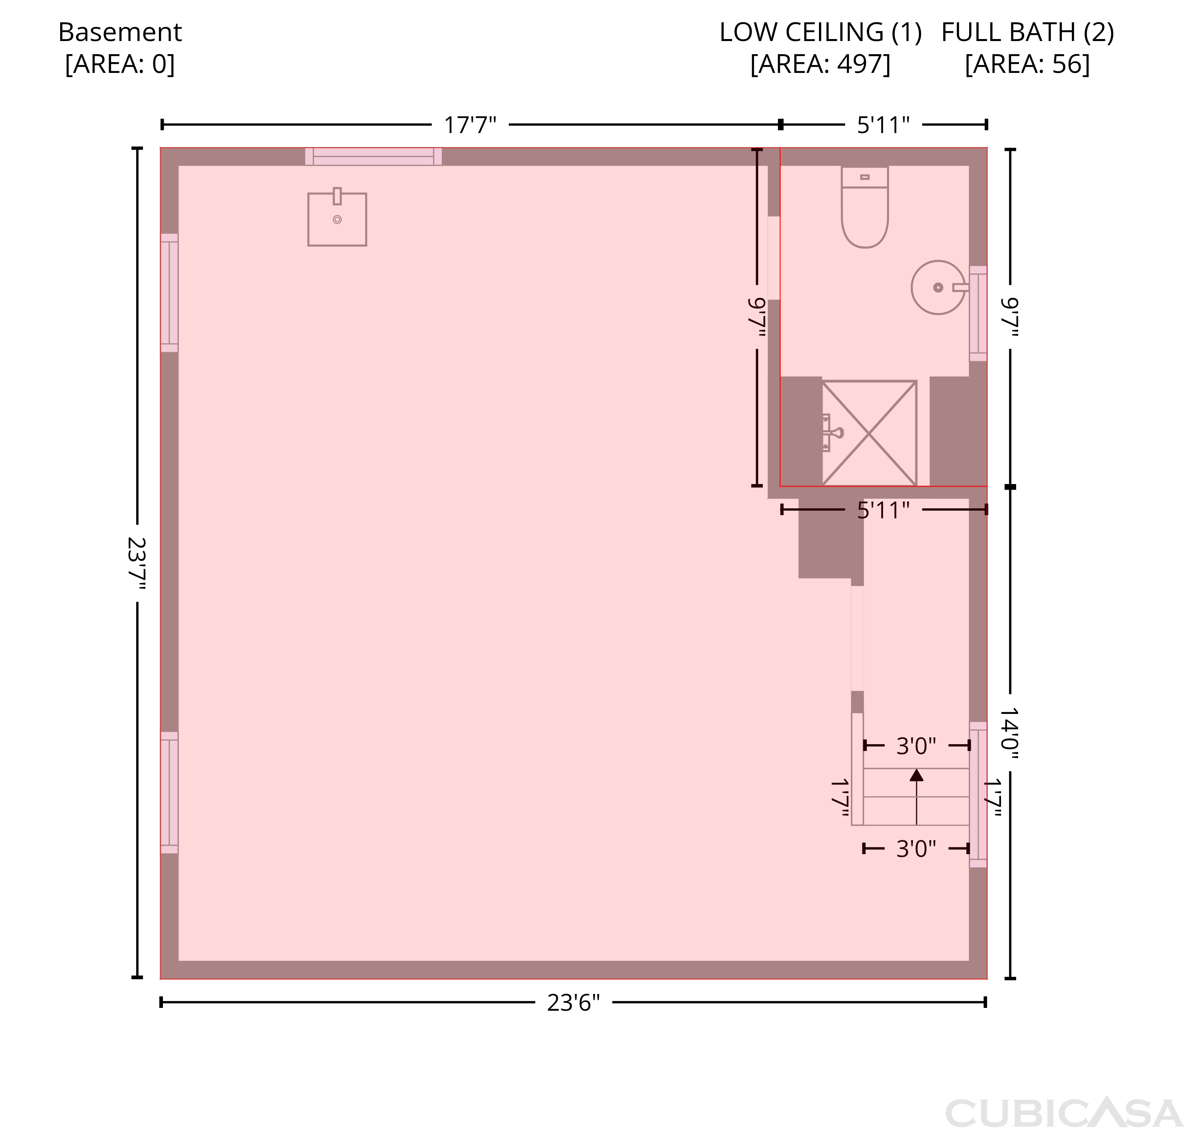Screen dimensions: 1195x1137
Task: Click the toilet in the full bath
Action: (865, 207)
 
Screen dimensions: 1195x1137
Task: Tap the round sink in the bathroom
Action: (938, 287)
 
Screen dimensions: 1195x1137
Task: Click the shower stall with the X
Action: (869, 433)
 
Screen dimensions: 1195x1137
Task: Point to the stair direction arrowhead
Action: (916, 774)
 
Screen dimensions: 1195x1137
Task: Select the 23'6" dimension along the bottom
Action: (573, 1003)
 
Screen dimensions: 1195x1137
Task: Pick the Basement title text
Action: (120, 32)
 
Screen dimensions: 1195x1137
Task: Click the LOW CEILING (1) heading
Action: (821, 32)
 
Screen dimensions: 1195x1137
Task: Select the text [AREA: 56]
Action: (1027, 64)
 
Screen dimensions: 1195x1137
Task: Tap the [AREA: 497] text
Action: (821, 64)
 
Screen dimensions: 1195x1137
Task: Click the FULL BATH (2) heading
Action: (1028, 32)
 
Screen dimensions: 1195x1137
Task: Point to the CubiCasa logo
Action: (1064, 1112)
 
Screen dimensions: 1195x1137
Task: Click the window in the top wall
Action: (373, 157)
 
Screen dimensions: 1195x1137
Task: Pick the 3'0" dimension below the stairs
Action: (916, 849)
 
